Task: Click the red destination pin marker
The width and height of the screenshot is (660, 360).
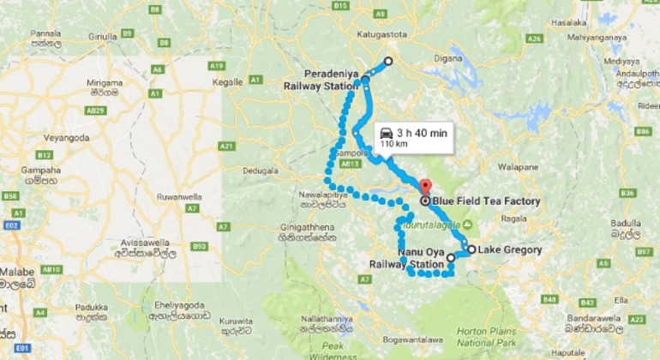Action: point(424,187)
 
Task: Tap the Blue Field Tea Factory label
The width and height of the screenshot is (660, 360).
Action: point(486,202)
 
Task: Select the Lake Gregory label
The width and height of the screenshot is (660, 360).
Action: point(510,250)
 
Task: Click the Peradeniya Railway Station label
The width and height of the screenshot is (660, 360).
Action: point(321,80)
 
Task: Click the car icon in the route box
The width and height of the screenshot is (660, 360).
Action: point(387,133)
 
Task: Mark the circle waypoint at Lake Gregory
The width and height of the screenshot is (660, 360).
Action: point(471,249)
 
